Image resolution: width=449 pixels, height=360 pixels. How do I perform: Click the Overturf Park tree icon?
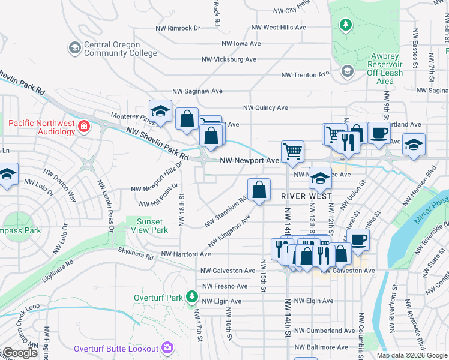(x=191, y=297)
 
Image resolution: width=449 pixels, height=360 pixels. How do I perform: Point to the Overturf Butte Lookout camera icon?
(x=167, y=349)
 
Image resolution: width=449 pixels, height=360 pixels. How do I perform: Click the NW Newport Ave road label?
(x=249, y=161)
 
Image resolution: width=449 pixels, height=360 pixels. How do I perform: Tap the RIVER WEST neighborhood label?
(x=304, y=196)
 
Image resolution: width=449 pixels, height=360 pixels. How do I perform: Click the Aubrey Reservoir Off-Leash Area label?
(x=384, y=68)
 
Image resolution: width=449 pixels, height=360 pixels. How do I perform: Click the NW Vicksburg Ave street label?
(x=229, y=59)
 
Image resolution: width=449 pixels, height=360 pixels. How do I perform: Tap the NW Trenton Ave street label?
(x=306, y=75)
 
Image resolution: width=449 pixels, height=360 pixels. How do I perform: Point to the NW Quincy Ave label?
(x=265, y=108)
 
